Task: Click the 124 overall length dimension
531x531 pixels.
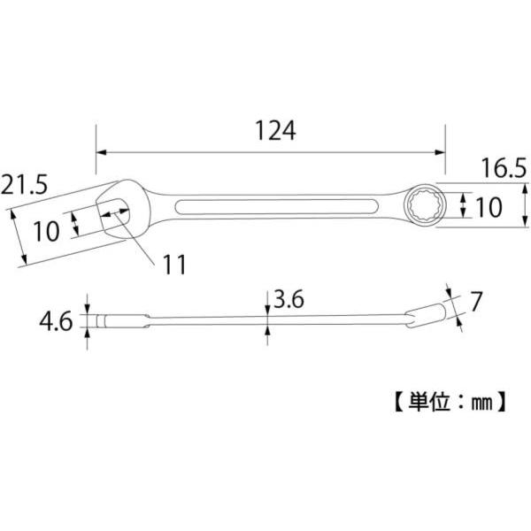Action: click(x=275, y=130)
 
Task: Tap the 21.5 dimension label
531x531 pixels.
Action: click(x=25, y=185)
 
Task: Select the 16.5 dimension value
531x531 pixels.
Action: click(x=504, y=169)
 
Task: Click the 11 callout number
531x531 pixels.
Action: click(x=174, y=265)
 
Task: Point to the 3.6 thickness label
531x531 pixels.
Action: click(x=289, y=299)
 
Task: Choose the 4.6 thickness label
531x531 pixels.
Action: click(x=56, y=321)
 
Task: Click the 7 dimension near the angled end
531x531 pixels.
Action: click(x=476, y=302)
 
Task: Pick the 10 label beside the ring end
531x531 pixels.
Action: click(x=489, y=207)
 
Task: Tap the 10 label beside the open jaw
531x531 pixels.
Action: click(x=46, y=232)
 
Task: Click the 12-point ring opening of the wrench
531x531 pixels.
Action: click(x=424, y=205)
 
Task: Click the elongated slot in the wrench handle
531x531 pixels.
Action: click(x=276, y=206)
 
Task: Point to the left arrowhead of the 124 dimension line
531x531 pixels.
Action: click(x=101, y=152)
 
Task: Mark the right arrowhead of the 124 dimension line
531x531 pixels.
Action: click(x=440, y=152)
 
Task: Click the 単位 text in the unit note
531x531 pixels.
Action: click(x=429, y=402)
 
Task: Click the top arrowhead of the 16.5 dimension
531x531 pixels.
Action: click(x=525, y=189)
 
